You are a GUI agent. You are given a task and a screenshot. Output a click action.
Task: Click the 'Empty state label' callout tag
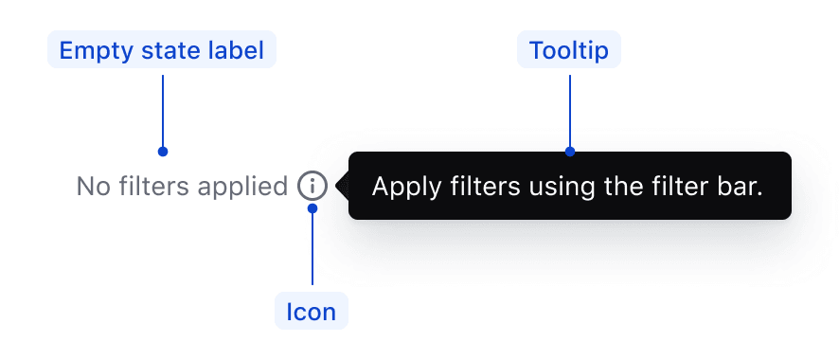tap(161, 50)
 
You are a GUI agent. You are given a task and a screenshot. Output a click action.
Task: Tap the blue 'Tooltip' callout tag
tap(568, 50)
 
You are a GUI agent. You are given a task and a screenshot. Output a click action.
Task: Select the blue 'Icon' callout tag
tap(312, 312)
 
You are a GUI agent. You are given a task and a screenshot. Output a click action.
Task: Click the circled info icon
tap(312, 186)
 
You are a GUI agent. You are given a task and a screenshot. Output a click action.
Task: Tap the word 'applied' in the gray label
tap(243, 188)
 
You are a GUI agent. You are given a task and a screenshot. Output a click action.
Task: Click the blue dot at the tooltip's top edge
tap(570, 152)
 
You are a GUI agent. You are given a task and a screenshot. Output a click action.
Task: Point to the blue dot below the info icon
tap(312, 208)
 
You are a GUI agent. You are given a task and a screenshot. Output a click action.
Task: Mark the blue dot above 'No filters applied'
tap(163, 152)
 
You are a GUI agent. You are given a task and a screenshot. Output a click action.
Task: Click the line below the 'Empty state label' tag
tap(163, 109)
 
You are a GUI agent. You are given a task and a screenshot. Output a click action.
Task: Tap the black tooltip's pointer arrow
tap(342, 186)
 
